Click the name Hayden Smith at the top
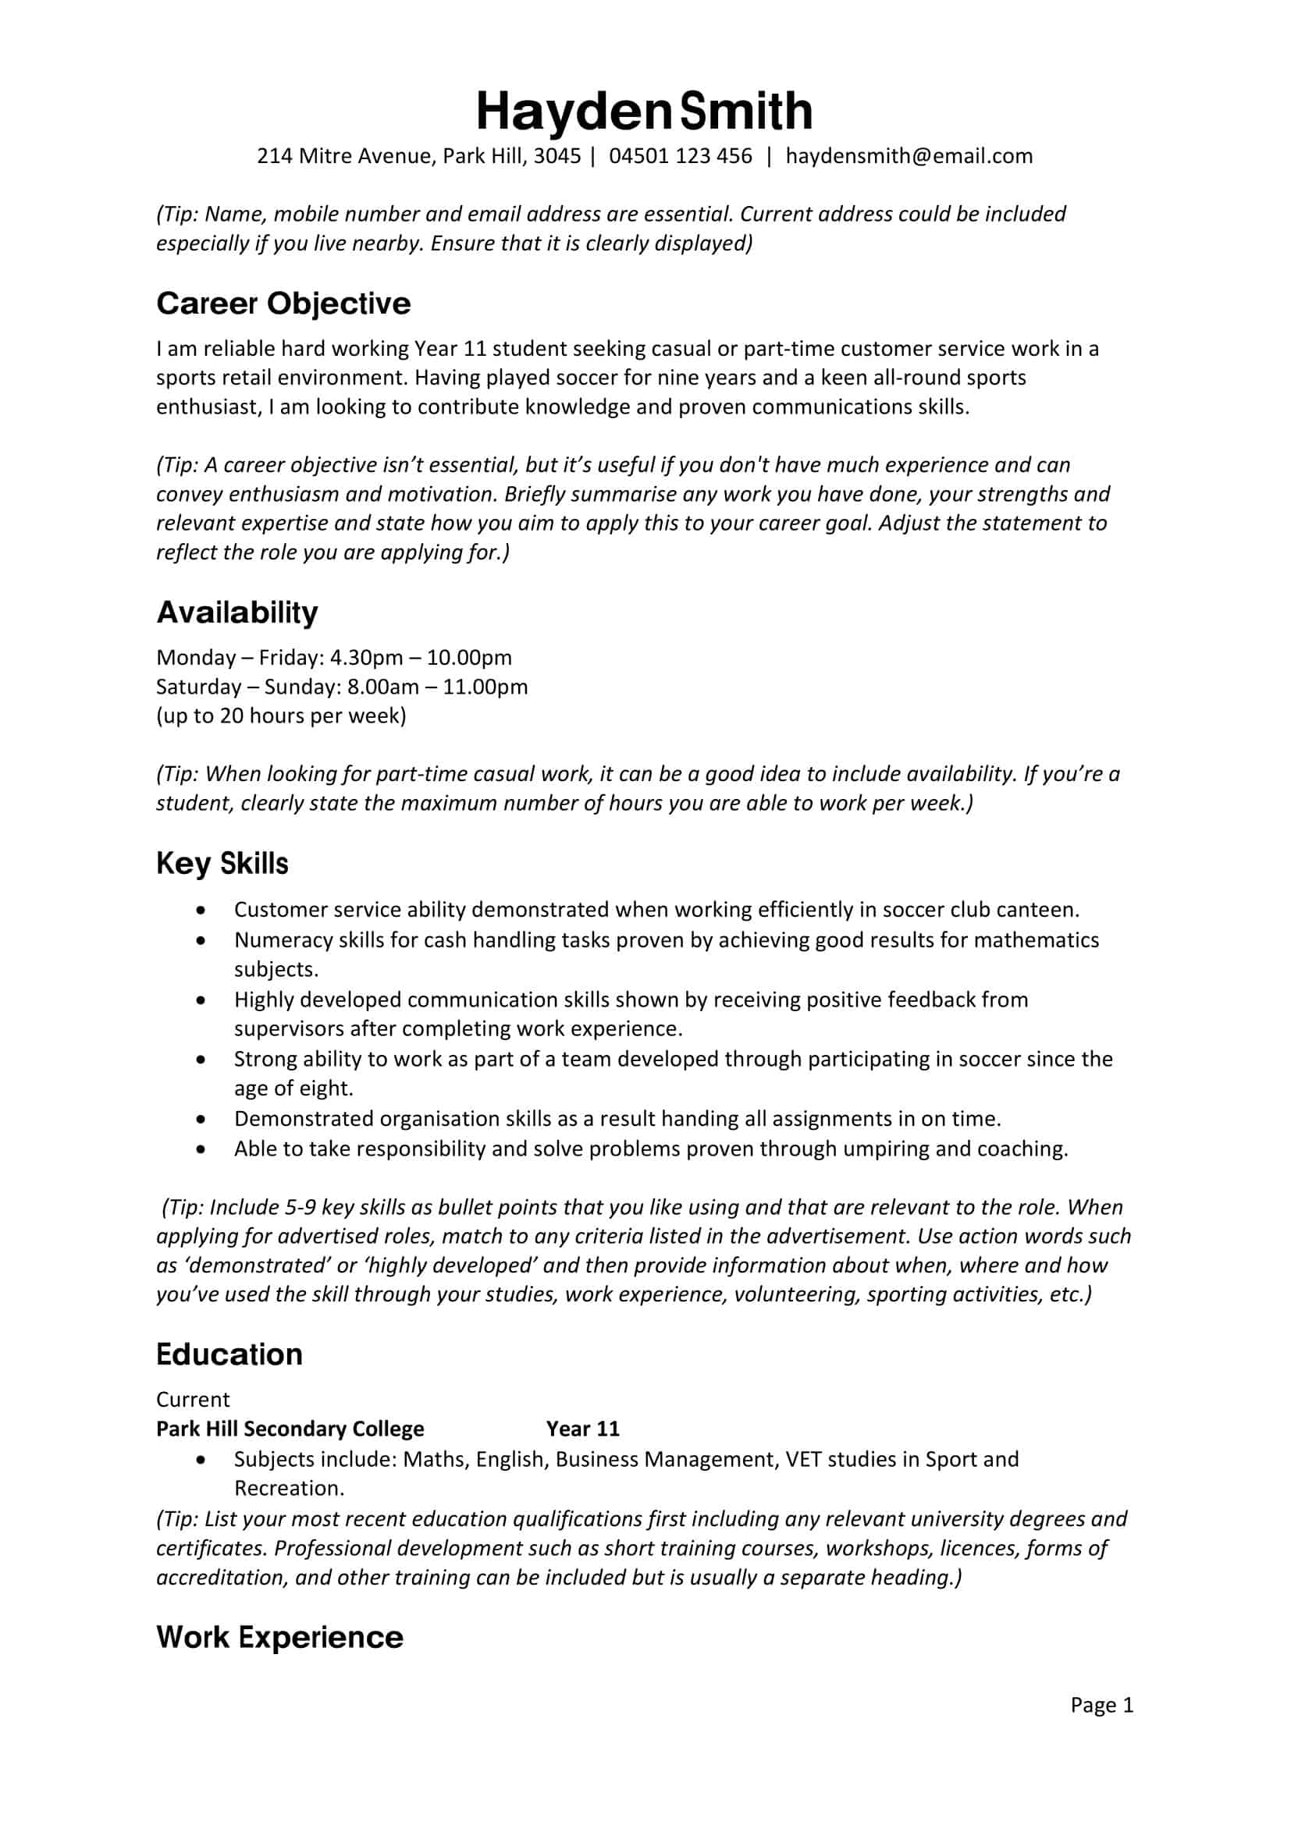(x=644, y=112)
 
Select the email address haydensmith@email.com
(x=909, y=156)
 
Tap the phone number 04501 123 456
(x=680, y=156)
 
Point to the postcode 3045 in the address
(x=557, y=156)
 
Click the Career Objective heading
(x=283, y=304)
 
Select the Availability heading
(x=237, y=612)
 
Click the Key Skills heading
(x=222, y=863)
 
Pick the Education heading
(x=229, y=1355)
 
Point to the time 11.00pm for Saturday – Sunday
(x=485, y=687)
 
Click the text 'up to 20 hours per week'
(x=282, y=716)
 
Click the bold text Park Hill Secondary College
(x=290, y=1429)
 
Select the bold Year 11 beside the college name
(x=583, y=1429)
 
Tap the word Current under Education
(x=192, y=1399)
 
